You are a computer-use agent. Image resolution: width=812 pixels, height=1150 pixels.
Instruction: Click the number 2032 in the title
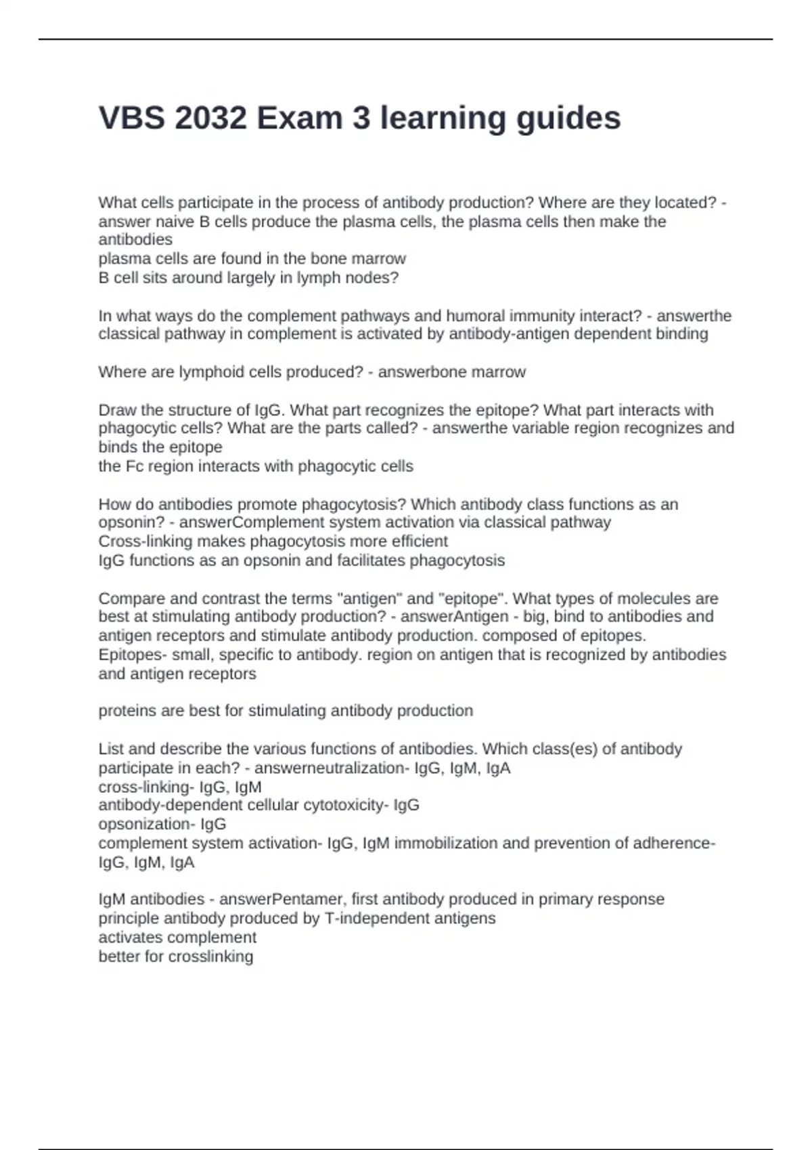click(210, 118)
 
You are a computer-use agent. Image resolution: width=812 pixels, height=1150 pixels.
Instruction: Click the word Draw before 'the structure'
click(116, 411)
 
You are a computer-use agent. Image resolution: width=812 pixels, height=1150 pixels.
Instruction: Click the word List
click(111, 749)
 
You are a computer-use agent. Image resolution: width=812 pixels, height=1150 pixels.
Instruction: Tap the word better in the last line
click(116, 957)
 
